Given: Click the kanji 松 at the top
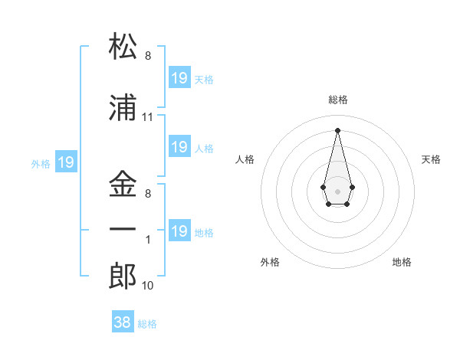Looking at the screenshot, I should tap(123, 47).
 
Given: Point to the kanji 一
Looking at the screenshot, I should tap(123, 230).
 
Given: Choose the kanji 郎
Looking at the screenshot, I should tap(123, 275).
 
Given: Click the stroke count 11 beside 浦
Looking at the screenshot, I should tap(148, 117).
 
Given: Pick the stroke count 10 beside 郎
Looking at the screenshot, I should tap(148, 286).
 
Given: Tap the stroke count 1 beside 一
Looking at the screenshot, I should tap(148, 239).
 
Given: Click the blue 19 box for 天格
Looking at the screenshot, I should tap(179, 78).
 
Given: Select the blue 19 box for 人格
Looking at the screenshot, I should tap(179, 147).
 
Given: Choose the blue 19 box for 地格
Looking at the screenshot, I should tap(179, 231).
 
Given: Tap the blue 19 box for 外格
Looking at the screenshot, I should tap(65, 162).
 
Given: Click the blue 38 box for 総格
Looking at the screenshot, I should tap(122, 322).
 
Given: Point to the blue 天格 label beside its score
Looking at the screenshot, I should tap(204, 80).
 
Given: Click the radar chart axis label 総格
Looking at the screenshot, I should tap(338, 100).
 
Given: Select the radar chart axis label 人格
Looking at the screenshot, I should tap(245, 159).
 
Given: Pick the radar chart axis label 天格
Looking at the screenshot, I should tap(431, 159).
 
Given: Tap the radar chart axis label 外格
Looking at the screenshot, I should tap(270, 262).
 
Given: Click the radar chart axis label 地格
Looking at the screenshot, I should tap(402, 262).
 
